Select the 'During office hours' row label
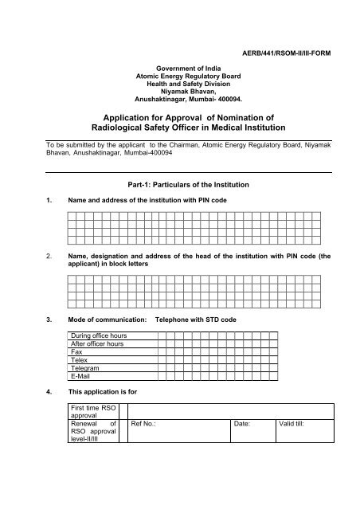(x=100, y=336)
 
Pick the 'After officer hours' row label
(x=98, y=344)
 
